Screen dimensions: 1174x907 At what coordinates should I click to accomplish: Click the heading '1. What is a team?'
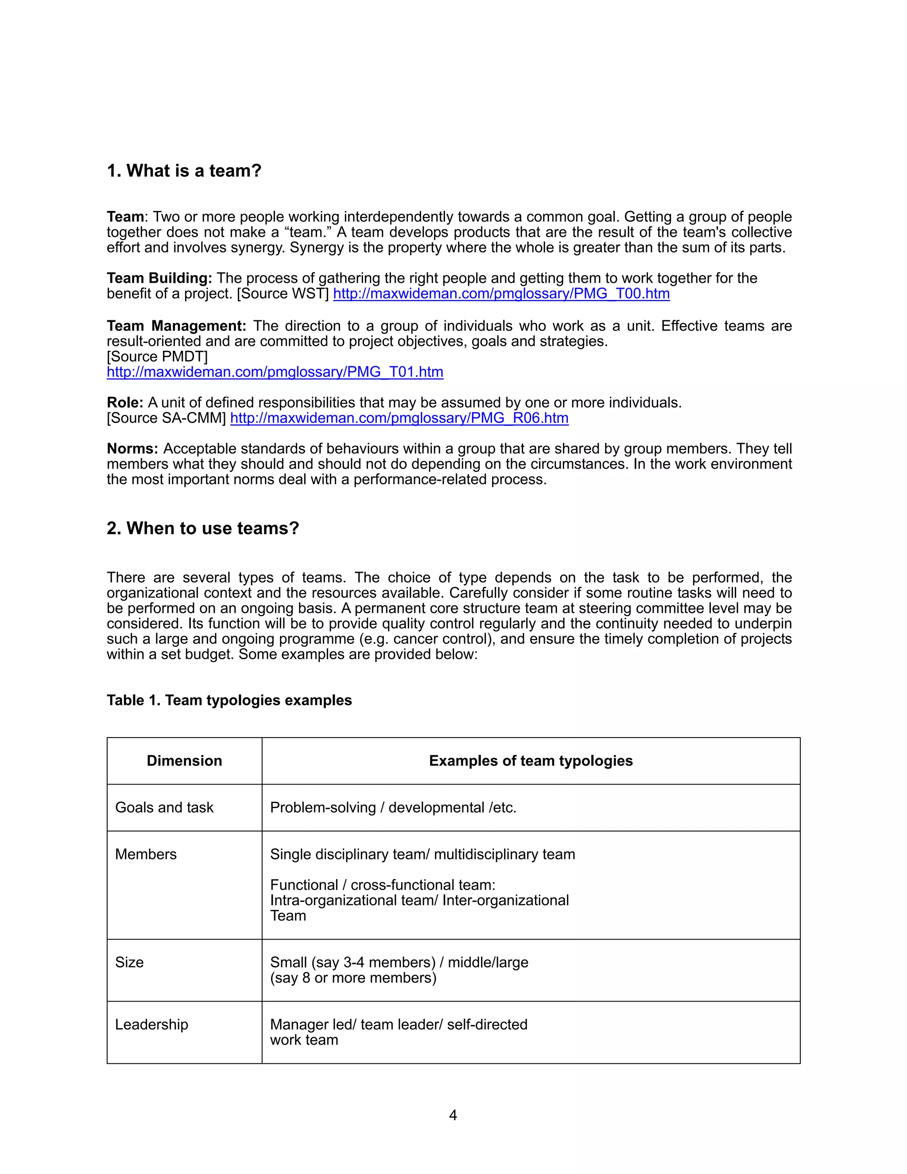(184, 171)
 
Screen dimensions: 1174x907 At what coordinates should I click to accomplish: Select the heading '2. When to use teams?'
(202, 529)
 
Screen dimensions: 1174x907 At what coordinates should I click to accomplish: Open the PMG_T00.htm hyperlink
(501, 294)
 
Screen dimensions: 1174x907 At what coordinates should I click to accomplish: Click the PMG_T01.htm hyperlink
(275, 372)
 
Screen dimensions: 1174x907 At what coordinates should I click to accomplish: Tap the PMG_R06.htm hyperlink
(399, 418)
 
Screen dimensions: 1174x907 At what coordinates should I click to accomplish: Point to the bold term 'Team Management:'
(176, 326)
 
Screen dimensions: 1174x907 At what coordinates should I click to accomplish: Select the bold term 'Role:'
(124, 403)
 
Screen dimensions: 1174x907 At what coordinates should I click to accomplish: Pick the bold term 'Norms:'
(132, 449)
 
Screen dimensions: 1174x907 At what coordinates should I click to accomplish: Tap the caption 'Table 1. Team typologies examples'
(229, 700)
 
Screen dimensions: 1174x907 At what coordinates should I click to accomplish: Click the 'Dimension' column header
(184, 761)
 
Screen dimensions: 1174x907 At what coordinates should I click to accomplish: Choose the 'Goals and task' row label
(164, 807)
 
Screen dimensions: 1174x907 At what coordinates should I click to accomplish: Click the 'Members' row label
(146, 854)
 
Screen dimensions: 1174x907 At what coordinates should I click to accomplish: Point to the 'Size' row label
(129, 962)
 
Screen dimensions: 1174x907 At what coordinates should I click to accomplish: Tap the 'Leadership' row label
(151, 1025)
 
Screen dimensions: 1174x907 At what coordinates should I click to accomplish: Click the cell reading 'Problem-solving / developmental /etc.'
(393, 807)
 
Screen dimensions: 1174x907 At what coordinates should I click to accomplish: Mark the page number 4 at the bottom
(453, 1116)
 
